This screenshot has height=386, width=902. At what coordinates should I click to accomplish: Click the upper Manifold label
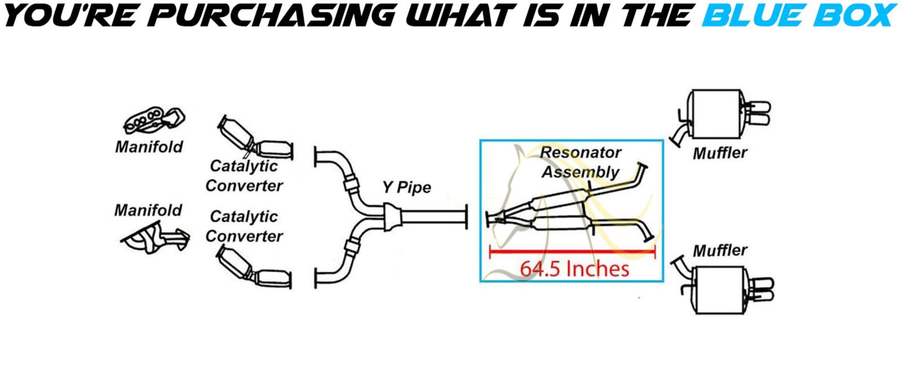[x=149, y=147]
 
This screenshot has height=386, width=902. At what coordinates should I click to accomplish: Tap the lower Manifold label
[x=148, y=210]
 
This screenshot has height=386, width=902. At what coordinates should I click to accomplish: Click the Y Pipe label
[x=406, y=187]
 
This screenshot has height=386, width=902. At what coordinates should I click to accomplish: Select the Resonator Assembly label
[x=580, y=162]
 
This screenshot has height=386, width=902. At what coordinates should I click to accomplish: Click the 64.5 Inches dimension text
[x=574, y=268]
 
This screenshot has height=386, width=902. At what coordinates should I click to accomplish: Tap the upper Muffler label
[x=720, y=153]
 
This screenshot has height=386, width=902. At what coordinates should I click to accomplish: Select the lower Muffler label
[x=720, y=250]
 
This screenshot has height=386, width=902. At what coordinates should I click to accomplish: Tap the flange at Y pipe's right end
[x=467, y=218]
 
